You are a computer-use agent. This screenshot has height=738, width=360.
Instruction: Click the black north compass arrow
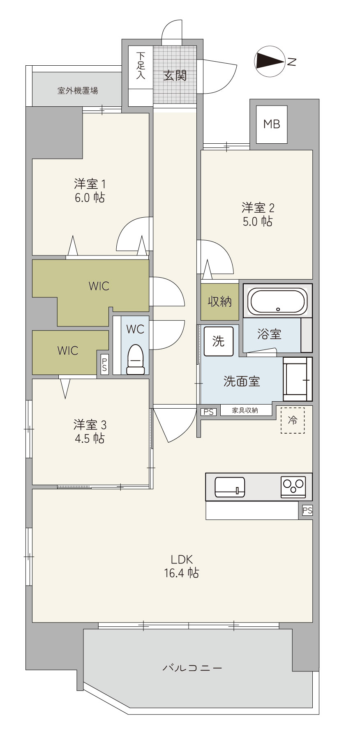pyautogui.click(x=270, y=61)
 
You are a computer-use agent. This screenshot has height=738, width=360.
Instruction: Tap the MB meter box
pyautogui.click(x=271, y=124)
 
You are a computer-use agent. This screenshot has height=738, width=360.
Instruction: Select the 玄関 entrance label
pyautogui.click(x=175, y=75)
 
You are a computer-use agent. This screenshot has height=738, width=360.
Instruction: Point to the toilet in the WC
pyautogui.click(x=136, y=359)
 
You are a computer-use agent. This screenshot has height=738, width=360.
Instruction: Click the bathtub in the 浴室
pyautogui.click(x=278, y=301)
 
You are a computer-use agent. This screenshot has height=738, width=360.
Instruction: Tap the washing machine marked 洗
pyautogui.click(x=219, y=341)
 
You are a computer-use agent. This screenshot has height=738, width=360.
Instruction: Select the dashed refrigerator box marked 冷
pyautogui.click(x=293, y=420)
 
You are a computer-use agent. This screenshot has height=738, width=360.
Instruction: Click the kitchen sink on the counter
pyautogui.click(x=230, y=487)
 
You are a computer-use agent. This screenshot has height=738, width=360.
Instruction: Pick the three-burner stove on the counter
pyautogui.click(x=293, y=487)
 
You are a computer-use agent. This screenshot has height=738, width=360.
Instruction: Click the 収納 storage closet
pyautogui.click(x=219, y=302)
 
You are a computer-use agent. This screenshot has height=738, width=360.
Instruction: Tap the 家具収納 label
pyautogui.click(x=245, y=410)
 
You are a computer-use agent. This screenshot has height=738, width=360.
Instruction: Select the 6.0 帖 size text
pyautogui.click(x=90, y=198)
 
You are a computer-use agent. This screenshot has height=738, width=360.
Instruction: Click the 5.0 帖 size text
pyautogui.click(x=257, y=221)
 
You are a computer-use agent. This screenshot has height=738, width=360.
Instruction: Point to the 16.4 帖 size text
pyautogui.click(x=182, y=572)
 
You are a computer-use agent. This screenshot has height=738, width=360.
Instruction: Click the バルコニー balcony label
pyautogui.click(x=192, y=668)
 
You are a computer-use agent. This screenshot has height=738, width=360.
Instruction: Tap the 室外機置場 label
pyautogui.click(x=78, y=90)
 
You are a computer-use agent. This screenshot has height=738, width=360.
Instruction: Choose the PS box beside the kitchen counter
pyautogui.click(x=307, y=510)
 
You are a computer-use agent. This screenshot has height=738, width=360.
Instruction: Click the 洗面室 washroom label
pyautogui.click(x=242, y=381)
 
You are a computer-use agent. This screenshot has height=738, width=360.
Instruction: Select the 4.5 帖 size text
pyautogui.click(x=90, y=438)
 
